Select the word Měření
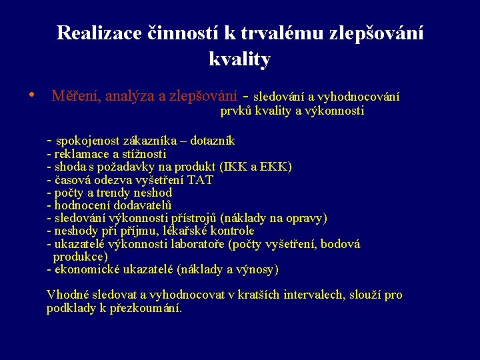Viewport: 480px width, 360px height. coord(76,97)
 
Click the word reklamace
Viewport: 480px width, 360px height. coord(80,154)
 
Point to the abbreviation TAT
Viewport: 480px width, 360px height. coord(201,180)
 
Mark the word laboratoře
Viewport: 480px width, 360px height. coord(195,244)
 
